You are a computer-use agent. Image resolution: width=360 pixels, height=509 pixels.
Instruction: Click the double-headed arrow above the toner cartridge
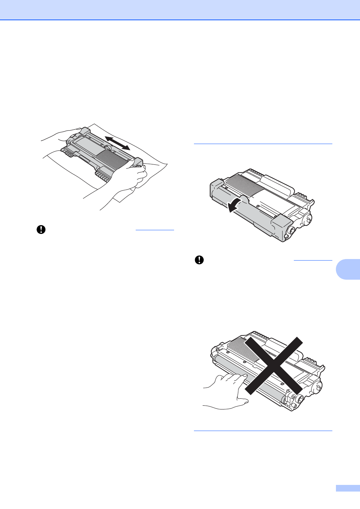(118, 143)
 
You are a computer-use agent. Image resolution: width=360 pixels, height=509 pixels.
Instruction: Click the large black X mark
(273, 365)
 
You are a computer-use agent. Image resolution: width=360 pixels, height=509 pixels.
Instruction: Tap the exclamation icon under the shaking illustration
(41, 230)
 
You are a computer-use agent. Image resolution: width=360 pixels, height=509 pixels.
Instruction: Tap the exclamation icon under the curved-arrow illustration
(199, 260)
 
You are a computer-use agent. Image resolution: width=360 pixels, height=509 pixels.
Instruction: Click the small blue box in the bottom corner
(347, 488)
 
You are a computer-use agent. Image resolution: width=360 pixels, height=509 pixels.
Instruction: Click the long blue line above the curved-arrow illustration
(263, 143)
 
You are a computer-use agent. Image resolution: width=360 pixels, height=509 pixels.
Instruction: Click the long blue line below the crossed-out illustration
(263, 431)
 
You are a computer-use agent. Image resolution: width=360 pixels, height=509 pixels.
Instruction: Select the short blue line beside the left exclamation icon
(155, 230)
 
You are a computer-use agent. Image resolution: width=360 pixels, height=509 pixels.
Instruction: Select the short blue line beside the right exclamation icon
(313, 260)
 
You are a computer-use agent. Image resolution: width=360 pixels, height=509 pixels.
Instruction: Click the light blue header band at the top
(180, 10)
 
